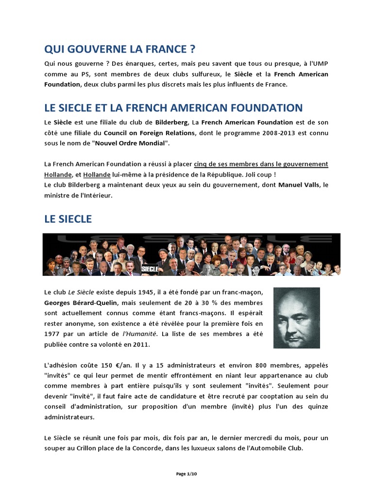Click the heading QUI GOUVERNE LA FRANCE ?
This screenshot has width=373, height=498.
(120, 49)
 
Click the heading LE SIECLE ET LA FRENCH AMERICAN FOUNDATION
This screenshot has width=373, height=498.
(173, 107)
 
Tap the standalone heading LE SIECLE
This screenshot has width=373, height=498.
(68, 219)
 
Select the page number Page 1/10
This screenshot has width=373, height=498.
(186, 474)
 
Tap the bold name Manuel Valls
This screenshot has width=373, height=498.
(297, 185)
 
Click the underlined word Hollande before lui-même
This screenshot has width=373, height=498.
(97, 175)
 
